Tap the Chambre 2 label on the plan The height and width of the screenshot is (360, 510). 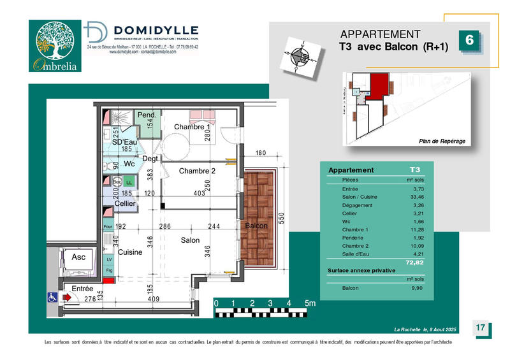pyautogui.click(x=197, y=171)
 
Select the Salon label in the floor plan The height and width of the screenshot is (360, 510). pyautogui.click(x=189, y=240)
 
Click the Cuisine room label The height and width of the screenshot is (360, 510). pyautogui.click(x=130, y=252)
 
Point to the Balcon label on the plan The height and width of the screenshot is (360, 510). pyautogui.click(x=256, y=226)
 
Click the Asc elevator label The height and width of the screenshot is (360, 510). pyautogui.click(x=78, y=257)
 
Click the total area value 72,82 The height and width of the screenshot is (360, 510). pyautogui.click(x=414, y=262)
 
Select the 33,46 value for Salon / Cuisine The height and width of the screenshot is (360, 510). pyautogui.click(x=414, y=198)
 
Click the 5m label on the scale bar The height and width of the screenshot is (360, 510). pyautogui.click(x=310, y=303)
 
